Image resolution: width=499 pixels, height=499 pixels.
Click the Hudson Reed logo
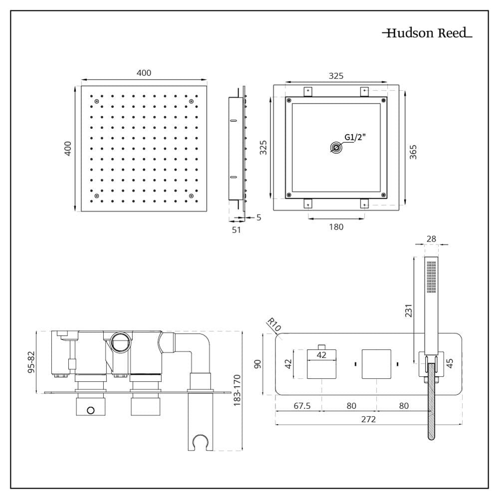tap(427, 33)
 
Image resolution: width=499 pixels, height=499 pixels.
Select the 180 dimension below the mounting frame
tap(336, 227)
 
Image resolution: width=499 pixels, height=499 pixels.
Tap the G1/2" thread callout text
tap(355, 138)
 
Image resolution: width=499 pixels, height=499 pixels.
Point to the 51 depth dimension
tap(237, 230)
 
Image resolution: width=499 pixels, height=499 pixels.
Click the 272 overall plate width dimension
tap(368, 419)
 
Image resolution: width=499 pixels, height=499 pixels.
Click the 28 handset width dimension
tap(431, 239)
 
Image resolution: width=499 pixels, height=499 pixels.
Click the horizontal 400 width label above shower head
tap(144, 73)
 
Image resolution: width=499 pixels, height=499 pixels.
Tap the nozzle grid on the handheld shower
tap(432, 276)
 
